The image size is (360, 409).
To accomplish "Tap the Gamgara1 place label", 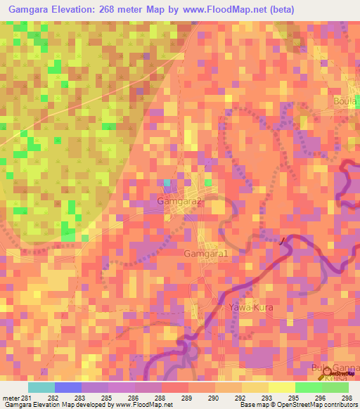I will pyautogui.click(x=206, y=253).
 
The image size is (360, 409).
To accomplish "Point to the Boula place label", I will pyautogui.click(x=346, y=101).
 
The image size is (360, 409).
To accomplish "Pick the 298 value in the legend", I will pyautogui.click(x=347, y=397).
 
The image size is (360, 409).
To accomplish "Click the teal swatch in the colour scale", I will pyautogui.click(x=41, y=387).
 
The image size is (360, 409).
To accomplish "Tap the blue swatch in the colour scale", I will pyautogui.click(x=67, y=387).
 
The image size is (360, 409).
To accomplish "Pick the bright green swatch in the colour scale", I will pyautogui.click(x=308, y=387).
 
